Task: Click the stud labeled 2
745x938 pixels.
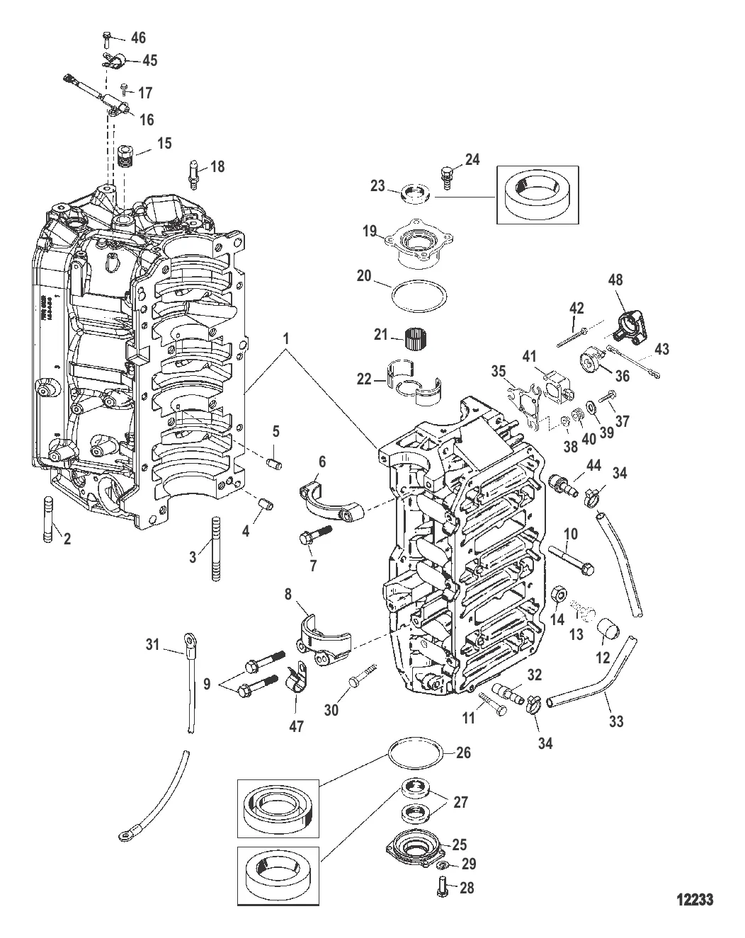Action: point(48,520)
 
